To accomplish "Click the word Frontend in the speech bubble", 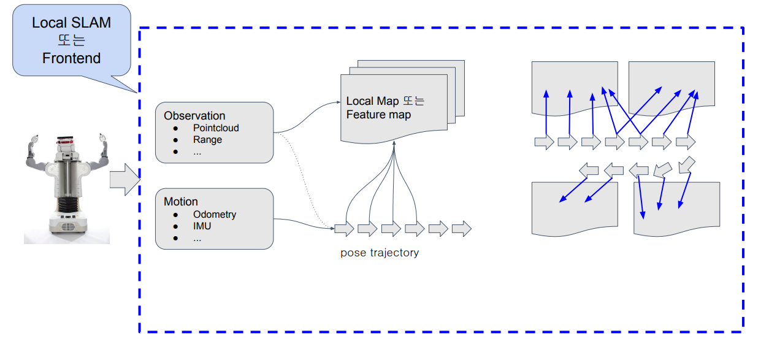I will (71, 58).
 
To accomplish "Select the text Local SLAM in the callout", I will (71, 23).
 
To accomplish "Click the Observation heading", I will (194, 116).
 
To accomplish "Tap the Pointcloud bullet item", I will (216, 128).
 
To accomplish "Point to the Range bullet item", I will (207, 140).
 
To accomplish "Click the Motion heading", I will (181, 202).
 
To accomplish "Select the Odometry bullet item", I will (215, 215).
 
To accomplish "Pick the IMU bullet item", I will (202, 226).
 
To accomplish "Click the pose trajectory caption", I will (380, 253).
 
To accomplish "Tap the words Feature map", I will (378, 115).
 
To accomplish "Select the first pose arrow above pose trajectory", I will (344, 229).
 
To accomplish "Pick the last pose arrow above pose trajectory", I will (461, 229).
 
